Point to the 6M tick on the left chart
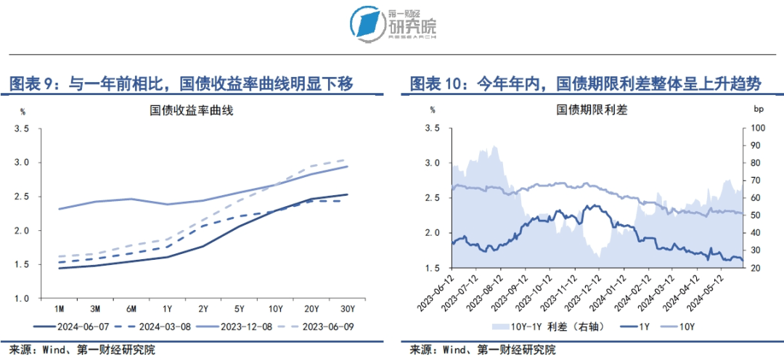(131, 308)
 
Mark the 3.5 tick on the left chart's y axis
(22, 128)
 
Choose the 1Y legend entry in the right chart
(637, 326)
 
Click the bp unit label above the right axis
(759, 110)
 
